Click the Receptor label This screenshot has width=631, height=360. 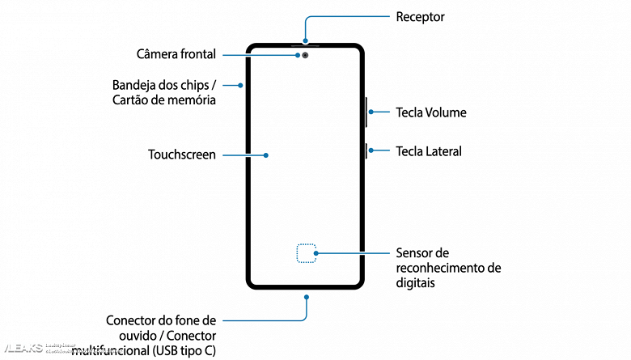click(420, 17)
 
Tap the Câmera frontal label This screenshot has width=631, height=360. click(176, 55)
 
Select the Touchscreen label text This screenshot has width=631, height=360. click(182, 154)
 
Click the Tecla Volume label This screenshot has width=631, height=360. click(430, 112)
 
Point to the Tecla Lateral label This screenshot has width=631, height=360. click(428, 151)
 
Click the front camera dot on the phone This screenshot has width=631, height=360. click(306, 56)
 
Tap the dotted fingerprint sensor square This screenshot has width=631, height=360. click(306, 254)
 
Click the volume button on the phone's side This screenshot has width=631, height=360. click(366, 112)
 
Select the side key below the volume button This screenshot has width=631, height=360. click(366, 151)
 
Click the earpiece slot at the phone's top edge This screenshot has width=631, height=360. click(306, 44)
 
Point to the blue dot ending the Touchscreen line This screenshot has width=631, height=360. click(266, 154)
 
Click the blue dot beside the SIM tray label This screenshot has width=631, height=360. click(239, 85)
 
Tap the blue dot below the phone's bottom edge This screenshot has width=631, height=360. click(306, 298)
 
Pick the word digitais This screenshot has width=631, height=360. click(416, 283)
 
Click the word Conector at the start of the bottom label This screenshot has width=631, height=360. click(131, 320)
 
